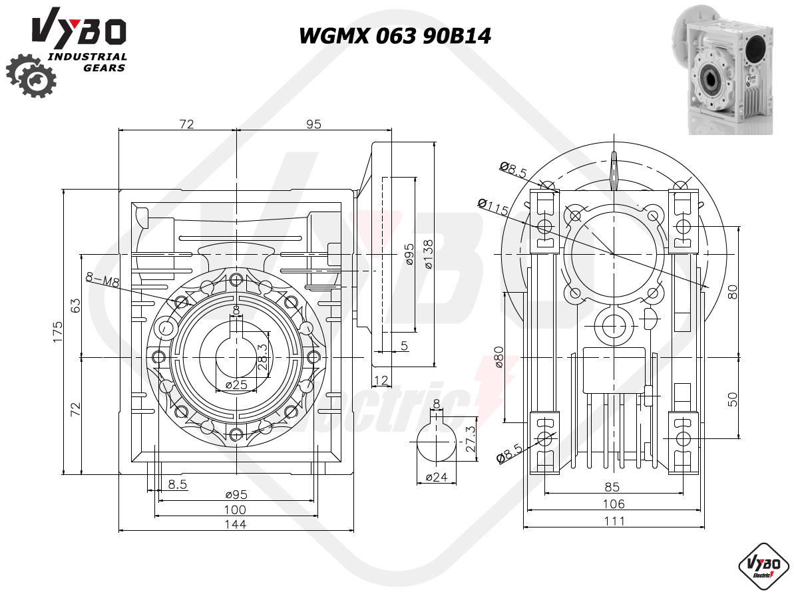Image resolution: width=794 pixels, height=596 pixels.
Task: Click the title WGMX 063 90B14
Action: point(395,36)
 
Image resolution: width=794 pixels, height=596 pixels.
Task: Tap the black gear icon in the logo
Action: point(31,76)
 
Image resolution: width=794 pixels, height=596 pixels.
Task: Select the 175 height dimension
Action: point(58,331)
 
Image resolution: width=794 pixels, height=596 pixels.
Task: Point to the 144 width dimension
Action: point(236,524)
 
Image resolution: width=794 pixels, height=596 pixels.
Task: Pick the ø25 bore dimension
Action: point(236,384)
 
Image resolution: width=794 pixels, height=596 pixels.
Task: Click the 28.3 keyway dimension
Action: point(262,357)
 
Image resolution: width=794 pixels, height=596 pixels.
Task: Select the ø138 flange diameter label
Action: point(429,255)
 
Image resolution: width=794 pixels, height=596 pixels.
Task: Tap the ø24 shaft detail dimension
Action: point(437,476)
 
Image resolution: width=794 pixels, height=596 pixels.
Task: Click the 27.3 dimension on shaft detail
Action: point(471,438)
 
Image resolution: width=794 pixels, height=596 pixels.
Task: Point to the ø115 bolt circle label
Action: point(493,206)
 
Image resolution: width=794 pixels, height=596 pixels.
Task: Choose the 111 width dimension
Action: point(614,521)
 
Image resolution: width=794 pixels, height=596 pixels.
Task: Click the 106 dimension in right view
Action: point(614,504)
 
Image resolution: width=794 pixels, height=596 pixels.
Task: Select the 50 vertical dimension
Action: point(732,399)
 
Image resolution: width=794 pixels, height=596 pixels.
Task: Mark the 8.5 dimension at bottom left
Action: point(178,484)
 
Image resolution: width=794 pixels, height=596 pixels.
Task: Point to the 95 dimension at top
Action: point(314,124)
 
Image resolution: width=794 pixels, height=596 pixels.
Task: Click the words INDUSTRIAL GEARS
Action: point(87,63)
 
